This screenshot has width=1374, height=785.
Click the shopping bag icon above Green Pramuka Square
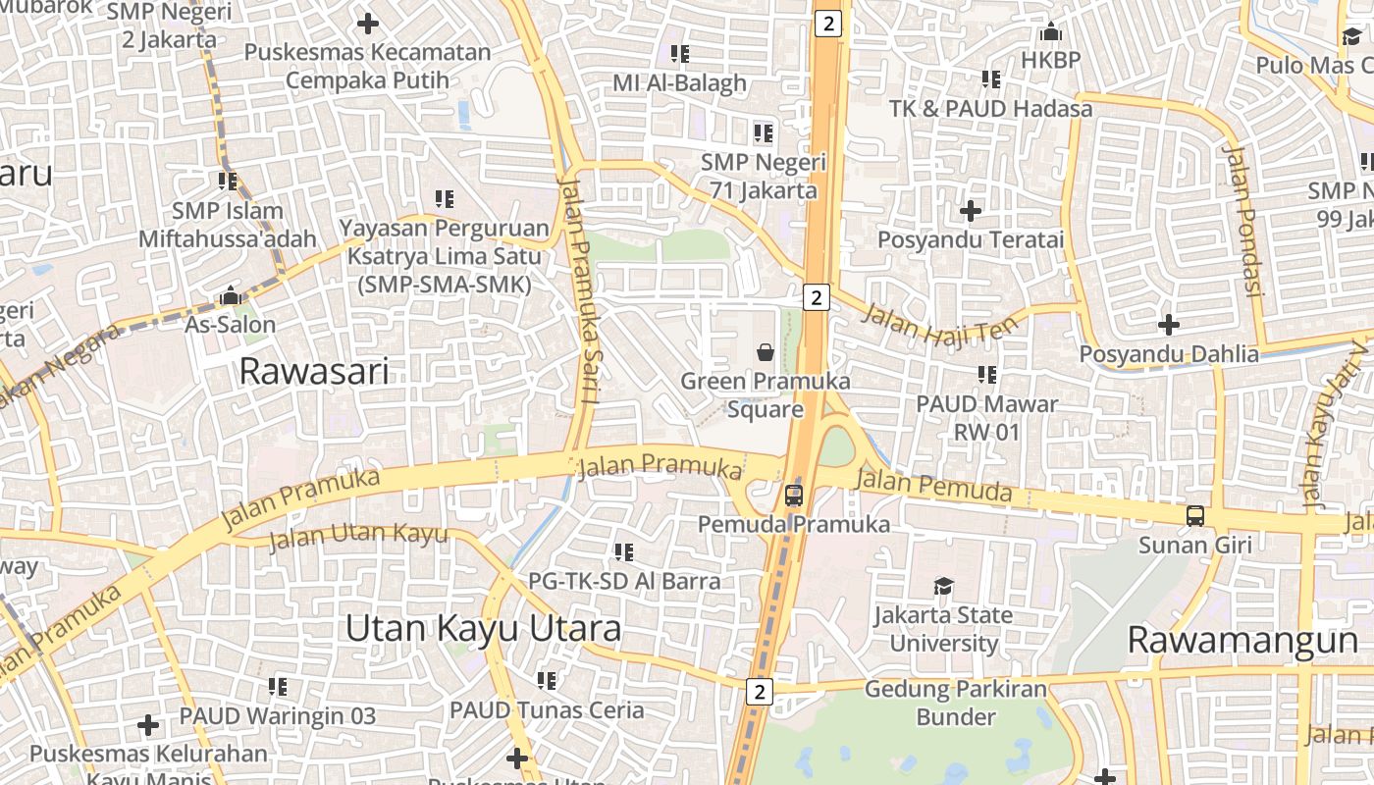pyautogui.click(x=766, y=351)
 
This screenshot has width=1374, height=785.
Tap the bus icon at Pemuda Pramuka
pyautogui.click(x=794, y=496)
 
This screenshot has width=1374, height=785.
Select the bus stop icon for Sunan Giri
pyautogui.click(x=1195, y=515)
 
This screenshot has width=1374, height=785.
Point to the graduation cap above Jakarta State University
pyautogui.click(x=943, y=586)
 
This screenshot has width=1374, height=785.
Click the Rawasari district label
pyautogui.click(x=314, y=371)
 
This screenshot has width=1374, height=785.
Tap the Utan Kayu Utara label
pyautogui.click(x=483, y=628)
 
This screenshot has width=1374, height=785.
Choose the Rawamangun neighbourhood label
pyautogui.click(x=1242, y=640)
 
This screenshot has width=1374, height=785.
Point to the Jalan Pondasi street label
pyautogui.click(x=1242, y=220)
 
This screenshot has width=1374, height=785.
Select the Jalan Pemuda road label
pyautogui.click(x=933, y=486)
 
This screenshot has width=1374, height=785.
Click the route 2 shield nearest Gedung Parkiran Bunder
pyautogui.click(x=759, y=692)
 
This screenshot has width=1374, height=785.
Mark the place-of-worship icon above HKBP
pyautogui.click(x=1051, y=32)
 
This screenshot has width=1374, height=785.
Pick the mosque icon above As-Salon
pyautogui.click(x=231, y=294)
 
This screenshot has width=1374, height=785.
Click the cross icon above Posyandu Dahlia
pyautogui.click(x=1168, y=324)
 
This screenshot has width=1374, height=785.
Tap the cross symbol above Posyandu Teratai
pyautogui.click(x=971, y=210)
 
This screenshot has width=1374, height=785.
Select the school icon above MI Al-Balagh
pyautogui.click(x=679, y=54)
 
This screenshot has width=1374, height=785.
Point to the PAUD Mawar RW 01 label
pyautogui.click(x=987, y=417)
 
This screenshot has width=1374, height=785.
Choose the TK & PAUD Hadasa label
pyautogui.click(x=991, y=108)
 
